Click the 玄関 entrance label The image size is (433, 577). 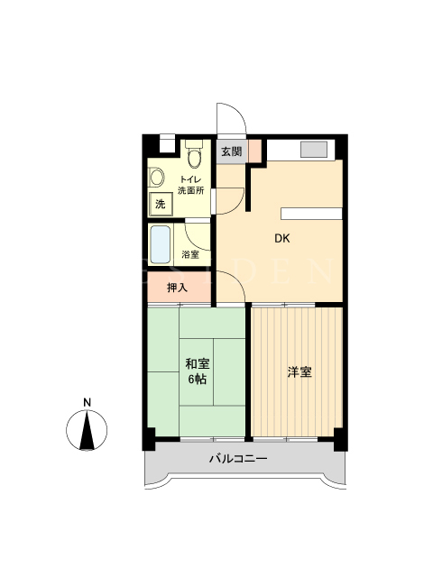click(232, 151)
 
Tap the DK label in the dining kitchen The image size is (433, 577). click(282, 239)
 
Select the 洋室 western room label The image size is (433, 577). click(299, 372)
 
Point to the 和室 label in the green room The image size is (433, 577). click(198, 364)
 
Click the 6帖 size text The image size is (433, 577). click(198, 379)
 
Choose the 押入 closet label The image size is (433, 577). click(178, 288)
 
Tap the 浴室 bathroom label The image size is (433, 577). click(190, 254)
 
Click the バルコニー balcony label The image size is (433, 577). click(238, 459)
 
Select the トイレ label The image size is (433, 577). click(190, 180)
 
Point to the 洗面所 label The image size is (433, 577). click(191, 190)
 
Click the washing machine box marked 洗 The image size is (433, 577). click(161, 205)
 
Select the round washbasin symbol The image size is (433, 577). click(156, 178)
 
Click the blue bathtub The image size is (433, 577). click(161, 244)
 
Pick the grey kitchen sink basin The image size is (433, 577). click(314, 150)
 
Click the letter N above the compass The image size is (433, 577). click(87, 403)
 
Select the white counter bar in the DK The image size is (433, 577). click(311, 214)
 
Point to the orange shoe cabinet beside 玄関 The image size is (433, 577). click(254, 151)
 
